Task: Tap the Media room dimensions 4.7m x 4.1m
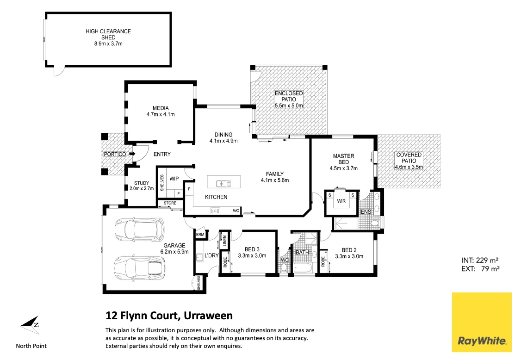point(160,114)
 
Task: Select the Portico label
point(115,154)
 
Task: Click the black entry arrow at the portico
point(132,154)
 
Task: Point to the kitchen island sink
point(224,184)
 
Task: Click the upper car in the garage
point(139,229)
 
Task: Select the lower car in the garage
point(139,268)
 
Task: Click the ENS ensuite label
point(366,212)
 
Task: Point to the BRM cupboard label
point(200,235)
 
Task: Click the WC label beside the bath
point(285,260)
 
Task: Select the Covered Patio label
point(409,161)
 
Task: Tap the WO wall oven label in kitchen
point(236,211)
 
